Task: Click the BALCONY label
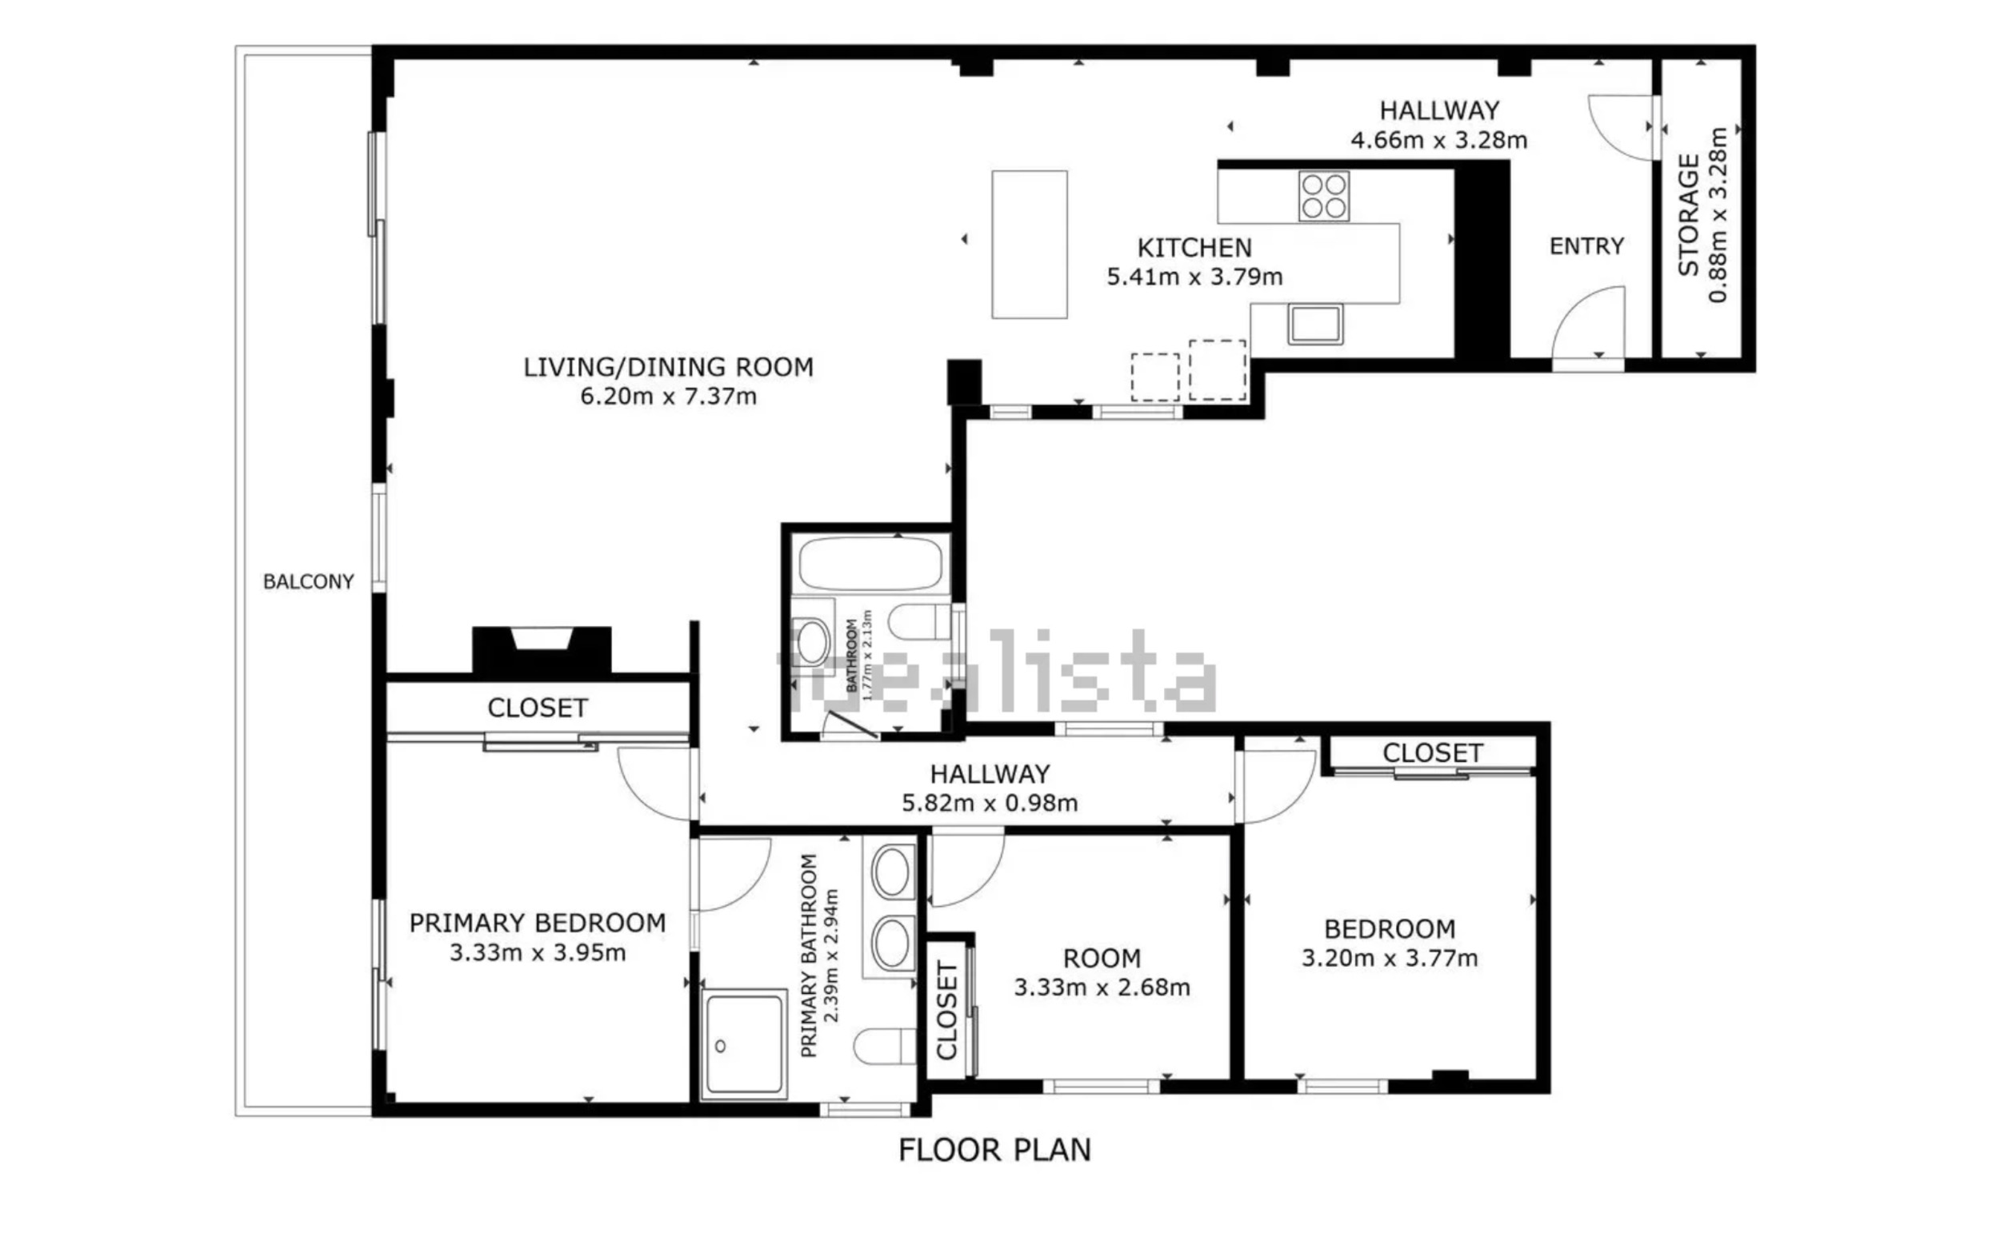(x=308, y=581)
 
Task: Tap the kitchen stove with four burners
(x=1324, y=196)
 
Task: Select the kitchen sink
(x=1315, y=324)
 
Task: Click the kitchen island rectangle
(x=1030, y=245)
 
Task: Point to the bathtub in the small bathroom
(x=870, y=563)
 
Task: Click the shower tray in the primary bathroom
(x=744, y=1045)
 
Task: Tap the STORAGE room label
(x=1689, y=215)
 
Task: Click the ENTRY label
(x=1586, y=246)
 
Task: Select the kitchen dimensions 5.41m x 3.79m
(x=1194, y=277)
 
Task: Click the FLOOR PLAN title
(x=994, y=1150)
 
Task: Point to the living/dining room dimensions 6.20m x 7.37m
(x=668, y=396)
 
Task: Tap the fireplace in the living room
(x=541, y=651)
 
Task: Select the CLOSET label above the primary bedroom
(x=537, y=708)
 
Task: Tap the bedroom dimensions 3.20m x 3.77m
(x=1390, y=959)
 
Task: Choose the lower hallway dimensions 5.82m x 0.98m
(x=990, y=803)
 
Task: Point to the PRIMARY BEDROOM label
(x=537, y=923)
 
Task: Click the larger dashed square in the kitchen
(x=1218, y=370)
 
